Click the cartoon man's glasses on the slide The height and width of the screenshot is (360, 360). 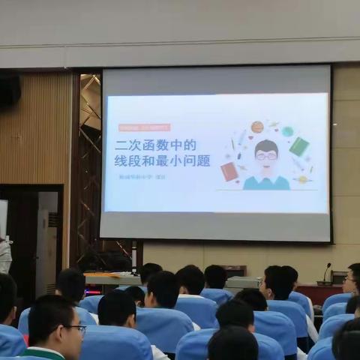pos(265,157)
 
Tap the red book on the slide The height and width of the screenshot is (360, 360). pos(229,172)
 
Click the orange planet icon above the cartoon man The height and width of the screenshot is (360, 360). pos(257,127)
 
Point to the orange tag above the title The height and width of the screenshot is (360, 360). pos(145,127)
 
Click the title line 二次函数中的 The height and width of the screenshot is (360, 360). pos(155,145)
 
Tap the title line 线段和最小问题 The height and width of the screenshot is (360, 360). pos(162,160)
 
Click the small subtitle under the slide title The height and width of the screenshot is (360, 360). pos(142,177)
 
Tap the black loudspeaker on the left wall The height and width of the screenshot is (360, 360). pos(9,89)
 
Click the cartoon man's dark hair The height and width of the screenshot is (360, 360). pos(266,145)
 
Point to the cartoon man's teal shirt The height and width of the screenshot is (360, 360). pos(266,182)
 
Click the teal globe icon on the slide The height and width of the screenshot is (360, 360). pos(287,131)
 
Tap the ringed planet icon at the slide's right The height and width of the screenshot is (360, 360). pos(302,179)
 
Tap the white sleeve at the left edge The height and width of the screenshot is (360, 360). pos(4,255)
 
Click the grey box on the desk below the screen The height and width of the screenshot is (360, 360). pos(241,283)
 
